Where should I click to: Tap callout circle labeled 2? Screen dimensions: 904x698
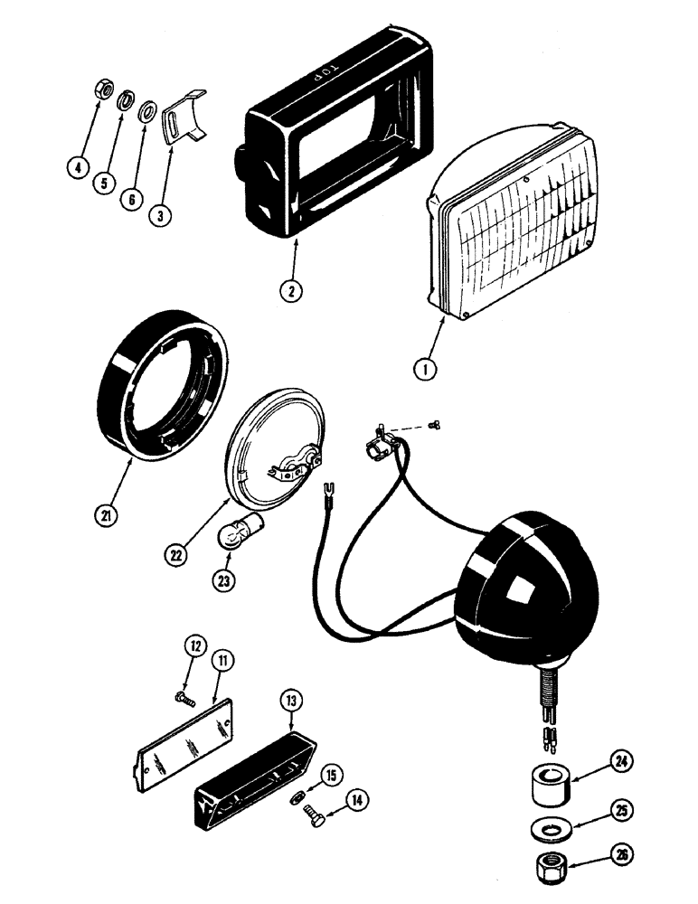click(288, 291)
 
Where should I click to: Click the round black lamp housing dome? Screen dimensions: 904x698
click(516, 573)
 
